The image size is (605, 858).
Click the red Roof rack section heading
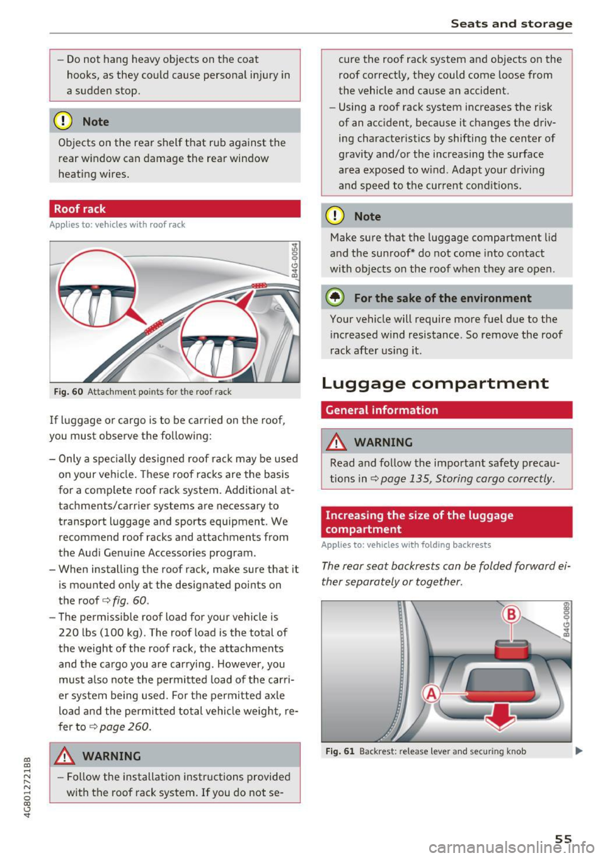(x=80, y=209)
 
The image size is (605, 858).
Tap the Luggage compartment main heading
(x=435, y=383)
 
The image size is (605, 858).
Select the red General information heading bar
(x=382, y=410)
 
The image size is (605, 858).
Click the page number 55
(x=563, y=838)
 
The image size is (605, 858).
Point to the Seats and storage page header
(x=511, y=23)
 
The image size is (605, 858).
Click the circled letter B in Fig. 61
(x=511, y=614)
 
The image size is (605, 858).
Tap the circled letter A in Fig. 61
(x=432, y=693)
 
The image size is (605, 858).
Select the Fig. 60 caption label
(x=69, y=391)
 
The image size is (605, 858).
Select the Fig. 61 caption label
(x=340, y=751)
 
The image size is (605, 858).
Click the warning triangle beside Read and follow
(x=338, y=443)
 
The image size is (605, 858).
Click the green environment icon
(x=335, y=298)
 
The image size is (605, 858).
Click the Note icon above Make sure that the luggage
(x=335, y=216)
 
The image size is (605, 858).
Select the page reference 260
(x=139, y=726)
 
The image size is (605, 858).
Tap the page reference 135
(x=419, y=478)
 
